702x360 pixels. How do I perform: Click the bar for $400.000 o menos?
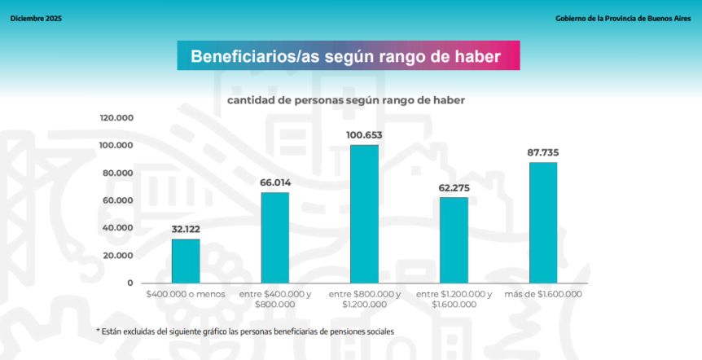185,261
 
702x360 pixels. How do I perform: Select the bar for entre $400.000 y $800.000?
274,237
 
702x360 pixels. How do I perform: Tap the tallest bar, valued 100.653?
364,213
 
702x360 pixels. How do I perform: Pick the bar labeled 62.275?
454,239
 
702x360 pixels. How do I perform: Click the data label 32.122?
185,229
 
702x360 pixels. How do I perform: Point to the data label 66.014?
275,182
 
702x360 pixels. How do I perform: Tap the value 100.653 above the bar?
364,135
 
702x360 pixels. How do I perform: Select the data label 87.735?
543,152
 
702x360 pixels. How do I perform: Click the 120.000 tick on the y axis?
116,118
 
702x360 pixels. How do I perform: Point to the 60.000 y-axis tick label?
119,200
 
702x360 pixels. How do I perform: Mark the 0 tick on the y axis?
129,283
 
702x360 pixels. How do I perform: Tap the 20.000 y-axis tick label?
119,255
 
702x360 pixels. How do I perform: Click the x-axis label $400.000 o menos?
185,293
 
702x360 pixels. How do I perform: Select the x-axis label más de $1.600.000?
543,293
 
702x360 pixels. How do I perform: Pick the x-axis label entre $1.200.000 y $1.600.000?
454,299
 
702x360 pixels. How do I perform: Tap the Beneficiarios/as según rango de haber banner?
348,56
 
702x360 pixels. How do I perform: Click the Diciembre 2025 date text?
36,18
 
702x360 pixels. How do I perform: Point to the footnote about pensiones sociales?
244,331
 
